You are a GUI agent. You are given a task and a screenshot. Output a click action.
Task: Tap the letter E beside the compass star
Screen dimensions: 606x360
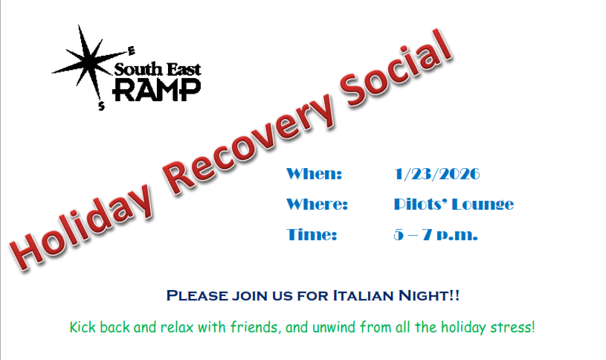[x=132, y=51]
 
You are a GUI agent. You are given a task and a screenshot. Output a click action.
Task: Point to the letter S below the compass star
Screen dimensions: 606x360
[x=101, y=106]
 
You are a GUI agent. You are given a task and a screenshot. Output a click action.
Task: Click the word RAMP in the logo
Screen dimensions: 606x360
[x=157, y=90]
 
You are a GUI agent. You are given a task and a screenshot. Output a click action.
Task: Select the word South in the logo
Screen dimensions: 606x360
[x=138, y=70]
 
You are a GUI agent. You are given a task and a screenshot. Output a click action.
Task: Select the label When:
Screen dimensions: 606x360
[x=315, y=174]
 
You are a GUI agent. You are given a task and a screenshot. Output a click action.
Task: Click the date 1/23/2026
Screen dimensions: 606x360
[x=437, y=174]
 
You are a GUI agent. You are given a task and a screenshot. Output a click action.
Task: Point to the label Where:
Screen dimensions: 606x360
[x=317, y=204]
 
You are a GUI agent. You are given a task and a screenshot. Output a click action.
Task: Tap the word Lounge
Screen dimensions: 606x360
[x=483, y=205]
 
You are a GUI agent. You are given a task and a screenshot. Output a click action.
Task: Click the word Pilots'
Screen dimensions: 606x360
[x=420, y=204]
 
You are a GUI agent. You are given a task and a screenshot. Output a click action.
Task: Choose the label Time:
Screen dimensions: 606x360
[x=312, y=235]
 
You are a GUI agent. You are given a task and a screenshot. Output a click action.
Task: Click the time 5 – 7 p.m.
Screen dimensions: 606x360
[x=436, y=235]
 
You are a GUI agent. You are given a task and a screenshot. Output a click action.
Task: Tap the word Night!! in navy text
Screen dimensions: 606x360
[x=429, y=296]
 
